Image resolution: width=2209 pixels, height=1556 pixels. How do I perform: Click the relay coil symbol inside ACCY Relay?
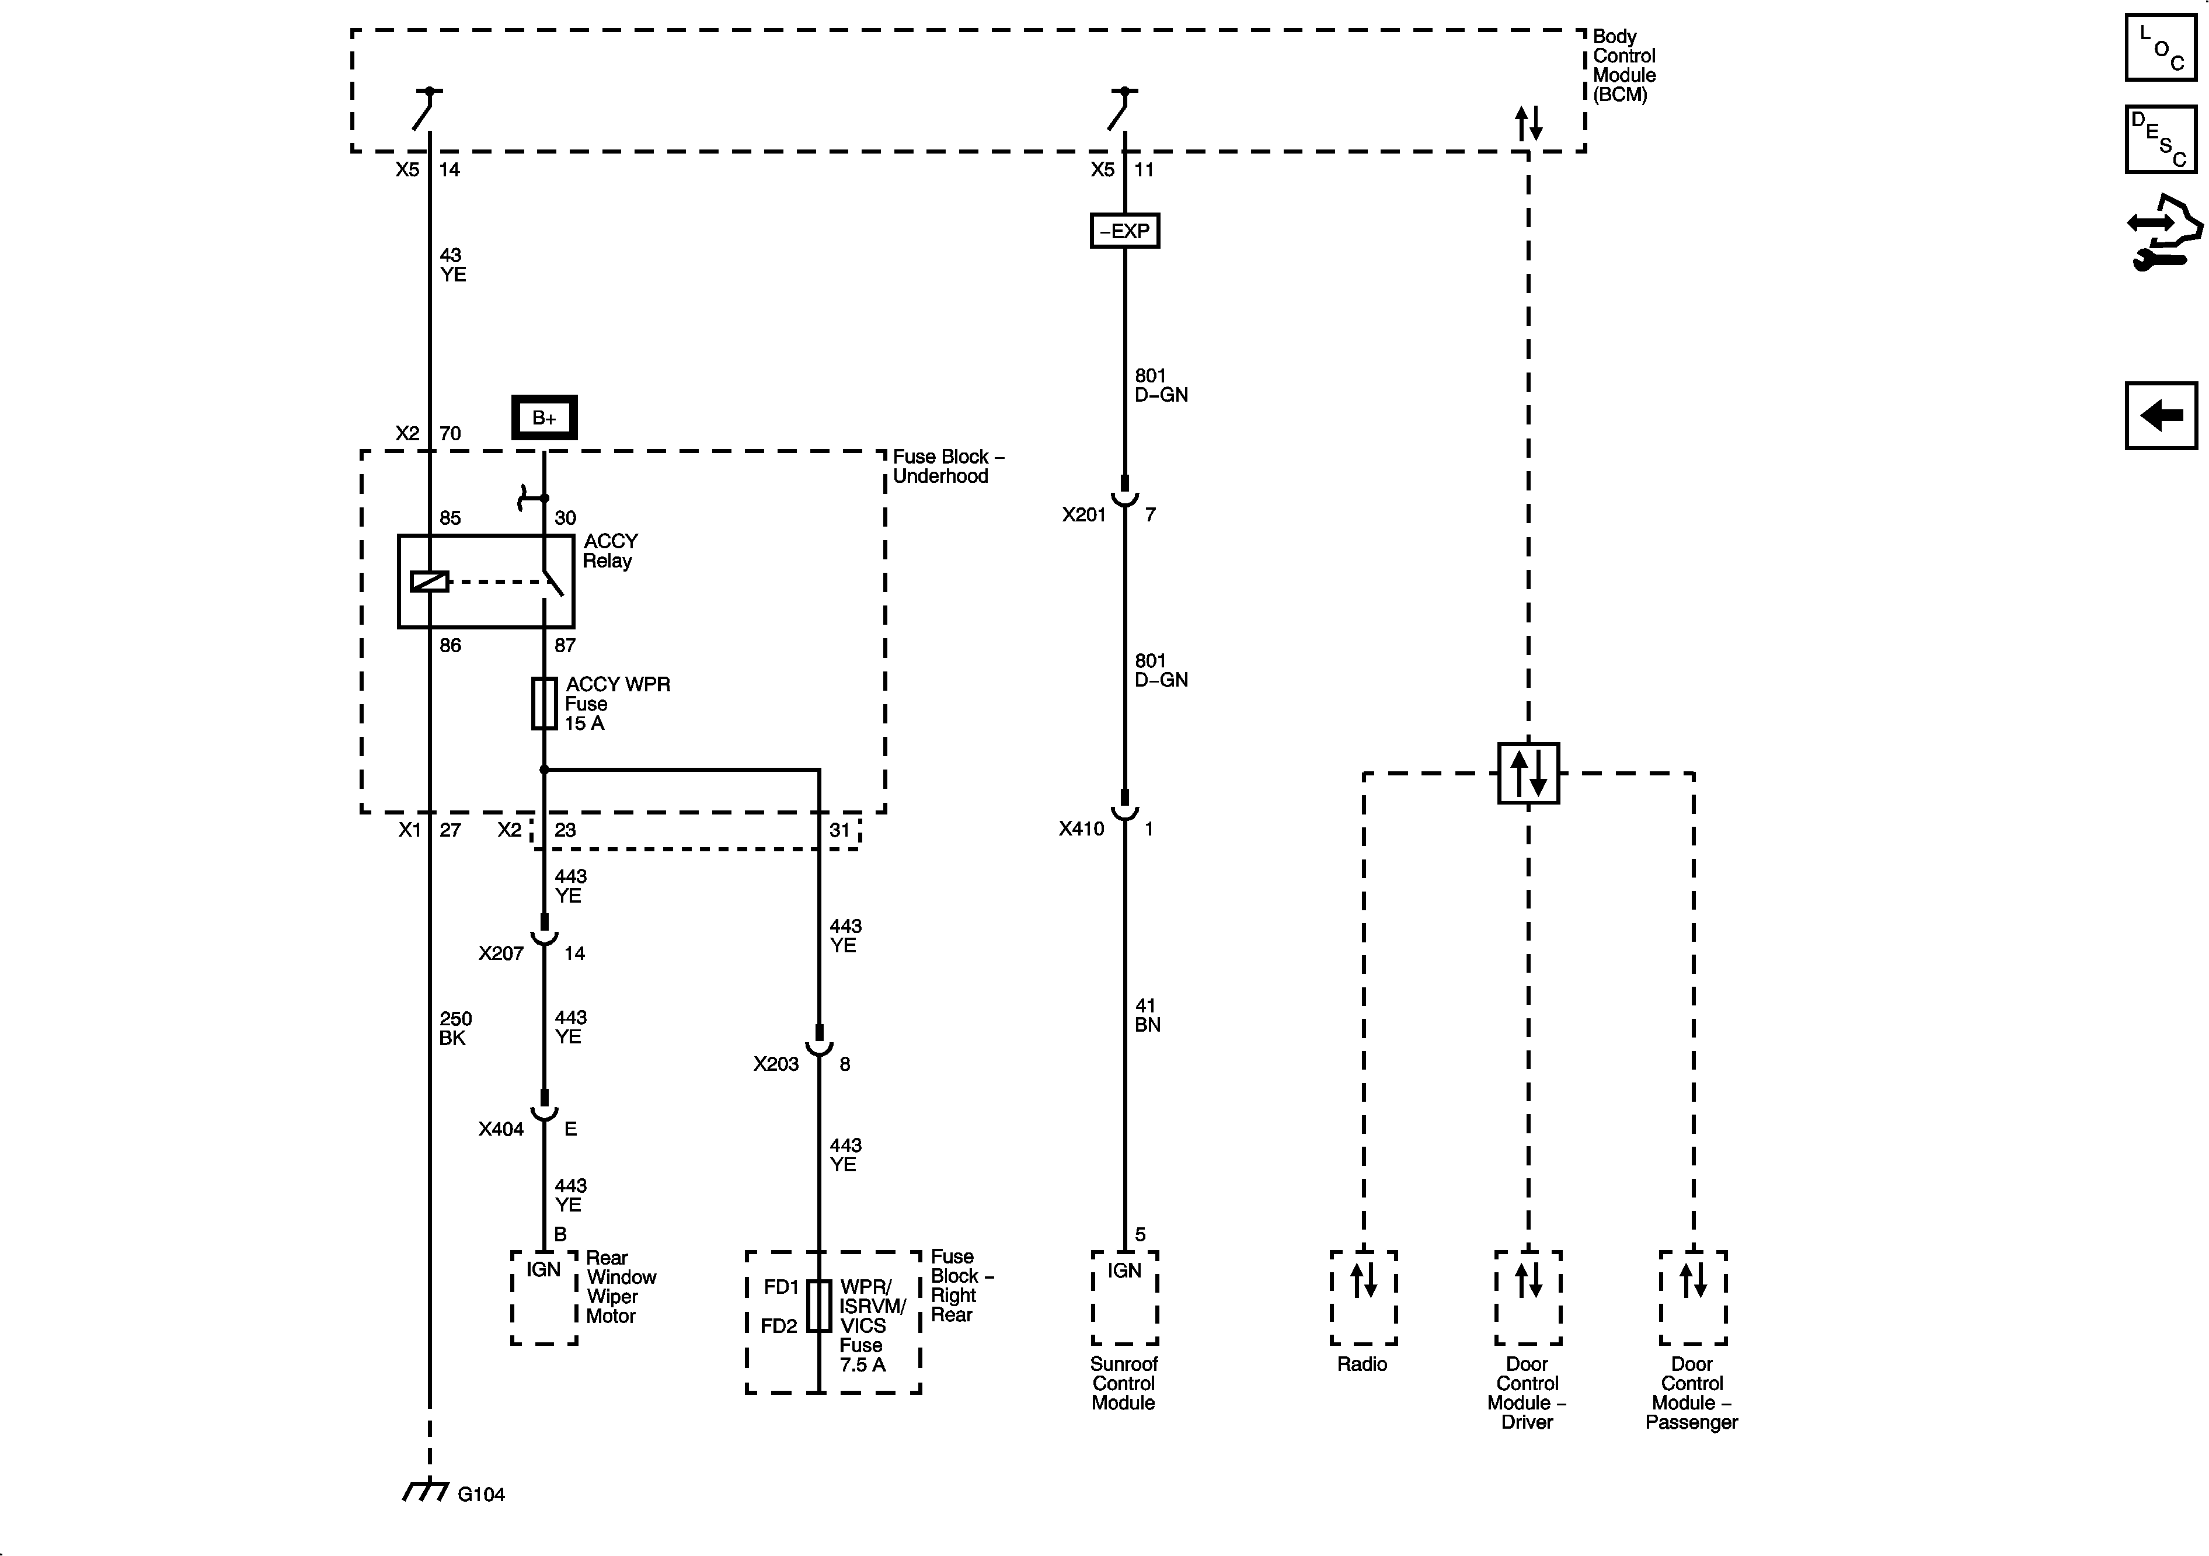429,581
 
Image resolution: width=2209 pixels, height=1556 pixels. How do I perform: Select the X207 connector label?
500,953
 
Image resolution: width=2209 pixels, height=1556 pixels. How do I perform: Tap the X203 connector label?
775,1063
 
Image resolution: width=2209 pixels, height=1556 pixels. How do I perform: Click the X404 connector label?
500,1129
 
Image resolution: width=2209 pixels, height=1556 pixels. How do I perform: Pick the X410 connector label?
1081,829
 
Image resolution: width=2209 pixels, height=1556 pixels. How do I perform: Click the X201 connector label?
1083,515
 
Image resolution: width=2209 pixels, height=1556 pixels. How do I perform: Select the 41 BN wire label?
1147,1015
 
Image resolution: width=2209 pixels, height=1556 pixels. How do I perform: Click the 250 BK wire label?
455,1028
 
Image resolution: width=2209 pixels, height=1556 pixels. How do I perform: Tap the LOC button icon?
2161,47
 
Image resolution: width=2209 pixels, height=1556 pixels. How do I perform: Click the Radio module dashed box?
1363,1297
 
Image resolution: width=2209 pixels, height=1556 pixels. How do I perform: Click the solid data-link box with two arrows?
1528,772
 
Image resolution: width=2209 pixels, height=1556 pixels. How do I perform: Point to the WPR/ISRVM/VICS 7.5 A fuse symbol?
819,1306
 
